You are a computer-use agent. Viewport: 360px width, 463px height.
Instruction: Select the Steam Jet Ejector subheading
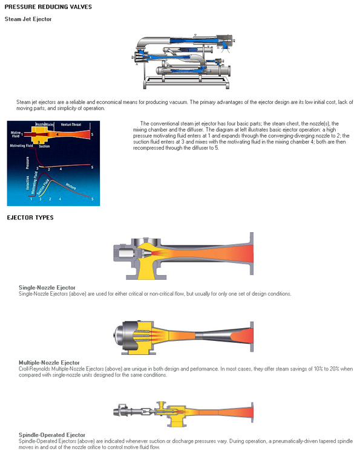click(x=28, y=19)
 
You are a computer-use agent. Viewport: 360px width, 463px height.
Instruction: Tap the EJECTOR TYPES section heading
click(x=30, y=217)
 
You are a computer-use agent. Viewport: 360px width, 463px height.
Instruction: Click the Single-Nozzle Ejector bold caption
click(x=47, y=287)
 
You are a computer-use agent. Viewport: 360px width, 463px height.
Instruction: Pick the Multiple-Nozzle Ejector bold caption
click(x=49, y=362)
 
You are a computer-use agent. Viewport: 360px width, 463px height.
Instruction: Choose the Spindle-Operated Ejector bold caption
click(x=52, y=435)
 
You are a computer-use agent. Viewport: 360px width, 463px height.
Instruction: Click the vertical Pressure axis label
click(x=27, y=162)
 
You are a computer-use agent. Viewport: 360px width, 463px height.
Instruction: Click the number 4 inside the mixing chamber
click(x=57, y=134)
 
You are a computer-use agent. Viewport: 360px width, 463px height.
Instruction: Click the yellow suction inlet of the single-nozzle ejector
click(x=148, y=269)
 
